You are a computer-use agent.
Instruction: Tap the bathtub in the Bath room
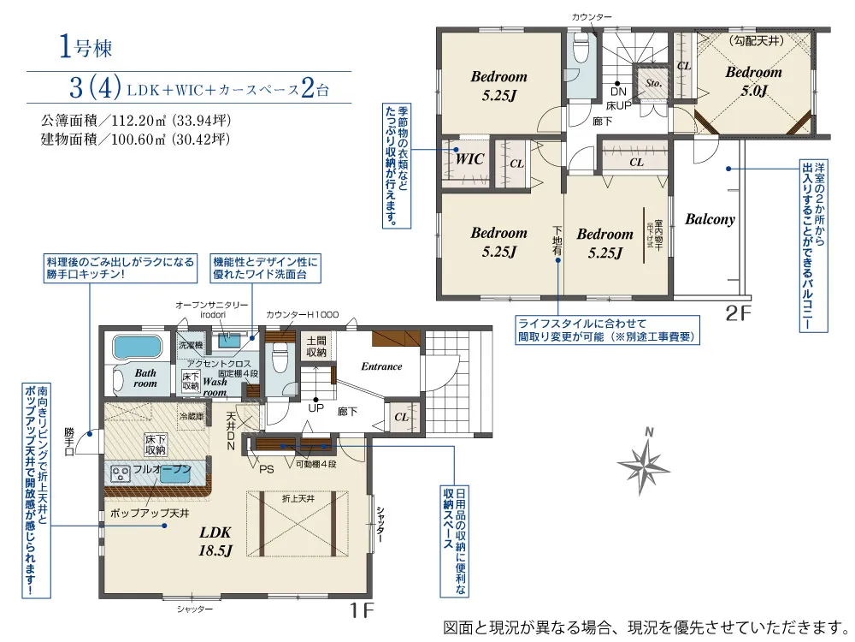click(x=137, y=348)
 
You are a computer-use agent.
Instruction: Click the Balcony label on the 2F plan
click(x=710, y=219)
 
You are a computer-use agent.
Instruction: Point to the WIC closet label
click(x=469, y=159)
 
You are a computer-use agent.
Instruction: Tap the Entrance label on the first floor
click(x=381, y=366)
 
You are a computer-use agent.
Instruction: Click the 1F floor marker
click(x=363, y=611)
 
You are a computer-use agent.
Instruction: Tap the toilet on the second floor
click(x=581, y=51)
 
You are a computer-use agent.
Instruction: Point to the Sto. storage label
click(x=654, y=84)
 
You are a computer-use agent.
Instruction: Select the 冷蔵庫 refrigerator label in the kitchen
click(x=192, y=416)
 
